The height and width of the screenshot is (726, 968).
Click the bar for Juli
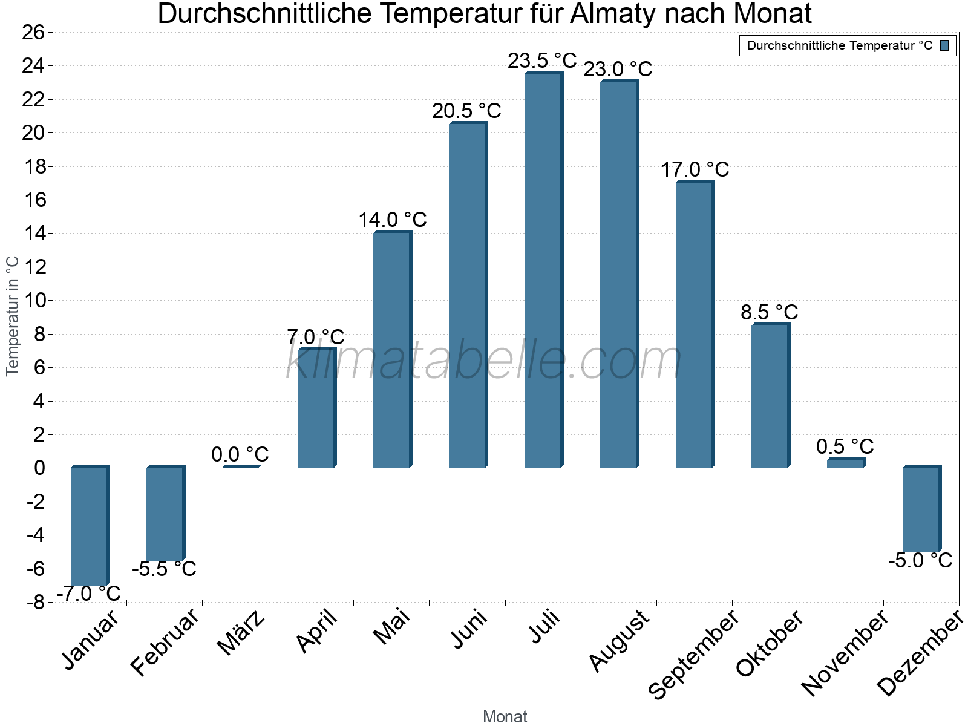tap(543, 270)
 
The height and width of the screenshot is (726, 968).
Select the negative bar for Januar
tap(89, 526)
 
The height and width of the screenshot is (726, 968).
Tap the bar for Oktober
tap(770, 396)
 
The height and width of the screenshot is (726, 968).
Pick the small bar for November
tap(845, 463)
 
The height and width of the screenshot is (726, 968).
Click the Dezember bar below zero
tap(921, 509)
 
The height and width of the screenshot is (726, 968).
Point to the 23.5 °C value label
tap(542, 61)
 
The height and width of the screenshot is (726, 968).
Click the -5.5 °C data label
tap(164, 569)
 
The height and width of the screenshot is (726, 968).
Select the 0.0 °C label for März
tap(240, 454)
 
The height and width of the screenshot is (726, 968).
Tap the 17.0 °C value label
tap(695, 170)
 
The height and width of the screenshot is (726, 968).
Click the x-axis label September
tap(693, 653)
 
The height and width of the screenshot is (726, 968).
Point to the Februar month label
tap(164, 641)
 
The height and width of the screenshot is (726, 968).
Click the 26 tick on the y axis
tap(33, 32)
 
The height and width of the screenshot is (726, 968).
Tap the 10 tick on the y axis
tap(33, 301)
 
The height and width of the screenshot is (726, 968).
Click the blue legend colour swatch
tap(944, 45)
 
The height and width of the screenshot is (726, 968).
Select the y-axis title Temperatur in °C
tap(13, 316)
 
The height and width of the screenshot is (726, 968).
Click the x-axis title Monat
tap(505, 717)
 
